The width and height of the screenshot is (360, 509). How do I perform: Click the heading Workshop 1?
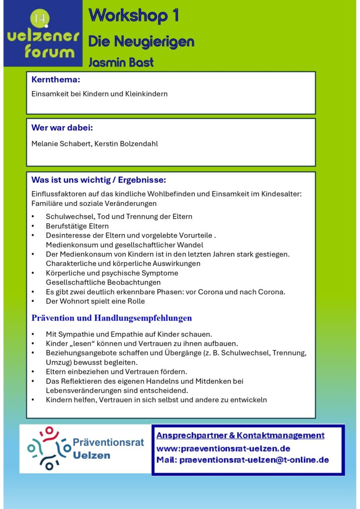(x=133, y=16)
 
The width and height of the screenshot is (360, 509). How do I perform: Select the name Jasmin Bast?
(x=121, y=63)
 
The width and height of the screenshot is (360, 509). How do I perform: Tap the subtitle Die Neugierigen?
(x=141, y=42)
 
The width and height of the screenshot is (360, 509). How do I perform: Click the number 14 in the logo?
(x=39, y=18)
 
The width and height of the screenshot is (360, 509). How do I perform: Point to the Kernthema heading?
(x=56, y=80)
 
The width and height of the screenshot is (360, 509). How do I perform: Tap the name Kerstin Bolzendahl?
(x=131, y=144)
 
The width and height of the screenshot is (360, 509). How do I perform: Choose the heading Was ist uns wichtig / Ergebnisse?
(x=98, y=179)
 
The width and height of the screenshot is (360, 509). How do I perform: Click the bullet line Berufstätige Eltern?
(x=77, y=226)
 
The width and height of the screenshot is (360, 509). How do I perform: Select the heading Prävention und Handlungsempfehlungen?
(x=111, y=318)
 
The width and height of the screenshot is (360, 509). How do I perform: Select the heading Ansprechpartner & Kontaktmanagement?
(x=240, y=435)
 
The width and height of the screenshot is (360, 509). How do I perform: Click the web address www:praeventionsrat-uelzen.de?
(x=223, y=448)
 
